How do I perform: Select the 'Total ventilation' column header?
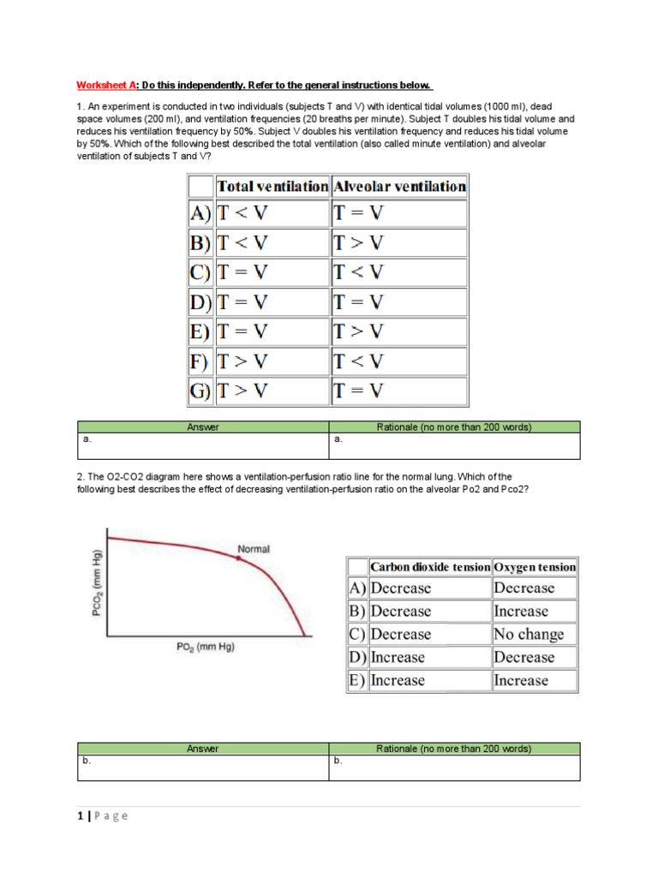tap(272, 186)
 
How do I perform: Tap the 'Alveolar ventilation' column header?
tap(399, 186)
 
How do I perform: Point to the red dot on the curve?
tap(239, 558)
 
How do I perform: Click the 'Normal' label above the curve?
tap(253, 548)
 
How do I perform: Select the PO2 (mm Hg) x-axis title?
tap(205, 647)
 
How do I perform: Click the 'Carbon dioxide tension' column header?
tap(430, 567)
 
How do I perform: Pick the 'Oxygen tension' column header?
tap(535, 567)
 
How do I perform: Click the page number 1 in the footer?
tap(78, 816)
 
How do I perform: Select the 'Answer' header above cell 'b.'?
tap(203, 749)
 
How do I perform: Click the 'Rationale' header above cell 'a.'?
tap(454, 427)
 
